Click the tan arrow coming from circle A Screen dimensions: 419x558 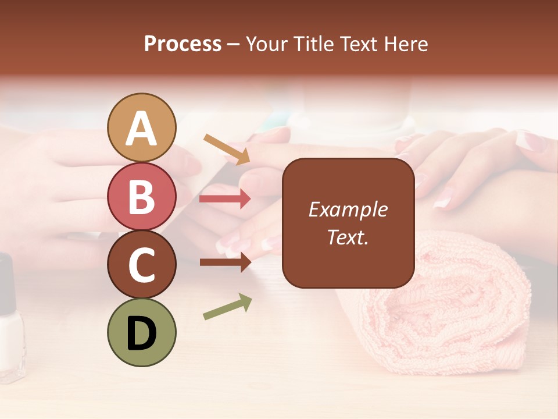pyautogui.click(x=227, y=148)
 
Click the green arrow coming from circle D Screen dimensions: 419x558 pyautogui.click(x=227, y=307)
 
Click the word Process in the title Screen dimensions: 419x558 pyautogui.click(x=183, y=44)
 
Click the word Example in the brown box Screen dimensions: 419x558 pyautogui.click(x=348, y=210)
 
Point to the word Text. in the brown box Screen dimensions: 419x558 pyautogui.click(x=348, y=237)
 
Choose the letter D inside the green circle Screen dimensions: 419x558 pyautogui.click(x=142, y=333)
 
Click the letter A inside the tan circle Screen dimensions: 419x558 pyautogui.click(x=141, y=128)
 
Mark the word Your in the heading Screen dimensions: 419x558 pyautogui.click(x=267, y=44)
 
